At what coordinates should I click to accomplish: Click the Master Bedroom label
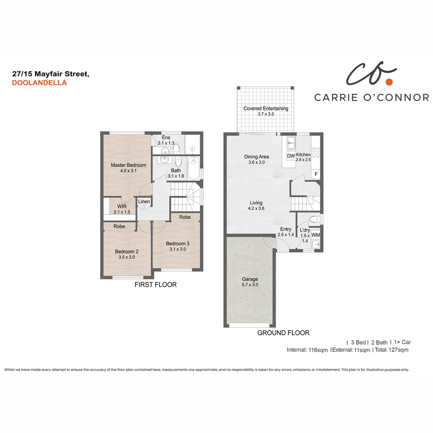pyautogui.click(x=128, y=165)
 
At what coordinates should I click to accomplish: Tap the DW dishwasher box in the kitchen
pyautogui.click(x=291, y=156)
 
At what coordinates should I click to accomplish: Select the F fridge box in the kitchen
pyautogui.click(x=316, y=174)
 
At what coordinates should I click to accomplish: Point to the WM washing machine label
pyautogui.click(x=316, y=235)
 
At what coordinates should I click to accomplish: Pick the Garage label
pyautogui.click(x=250, y=279)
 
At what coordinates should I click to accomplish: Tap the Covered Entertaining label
pyautogui.click(x=266, y=109)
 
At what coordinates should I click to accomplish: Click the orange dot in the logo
pyautogui.click(x=388, y=82)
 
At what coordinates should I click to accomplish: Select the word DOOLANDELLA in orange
pyautogui.click(x=39, y=83)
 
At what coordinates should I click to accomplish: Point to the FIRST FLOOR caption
pyautogui.click(x=156, y=285)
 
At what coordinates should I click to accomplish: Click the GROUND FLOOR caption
pyautogui.click(x=283, y=333)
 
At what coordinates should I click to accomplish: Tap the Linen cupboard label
pyautogui.click(x=144, y=202)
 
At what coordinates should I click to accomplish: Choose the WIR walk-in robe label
pyautogui.click(x=122, y=206)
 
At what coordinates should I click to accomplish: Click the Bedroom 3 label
pyautogui.click(x=177, y=243)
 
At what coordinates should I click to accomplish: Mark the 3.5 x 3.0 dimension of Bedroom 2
pyautogui.click(x=126, y=257)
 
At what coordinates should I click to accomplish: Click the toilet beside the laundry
pyautogui.click(x=315, y=219)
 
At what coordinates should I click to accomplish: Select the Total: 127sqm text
pyautogui.click(x=391, y=350)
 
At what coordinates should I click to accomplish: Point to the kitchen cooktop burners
pyautogui.click(x=316, y=152)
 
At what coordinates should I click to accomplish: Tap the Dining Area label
pyautogui.click(x=256, y=157)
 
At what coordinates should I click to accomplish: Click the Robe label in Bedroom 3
pyautogui.click(x=185, y=217)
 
